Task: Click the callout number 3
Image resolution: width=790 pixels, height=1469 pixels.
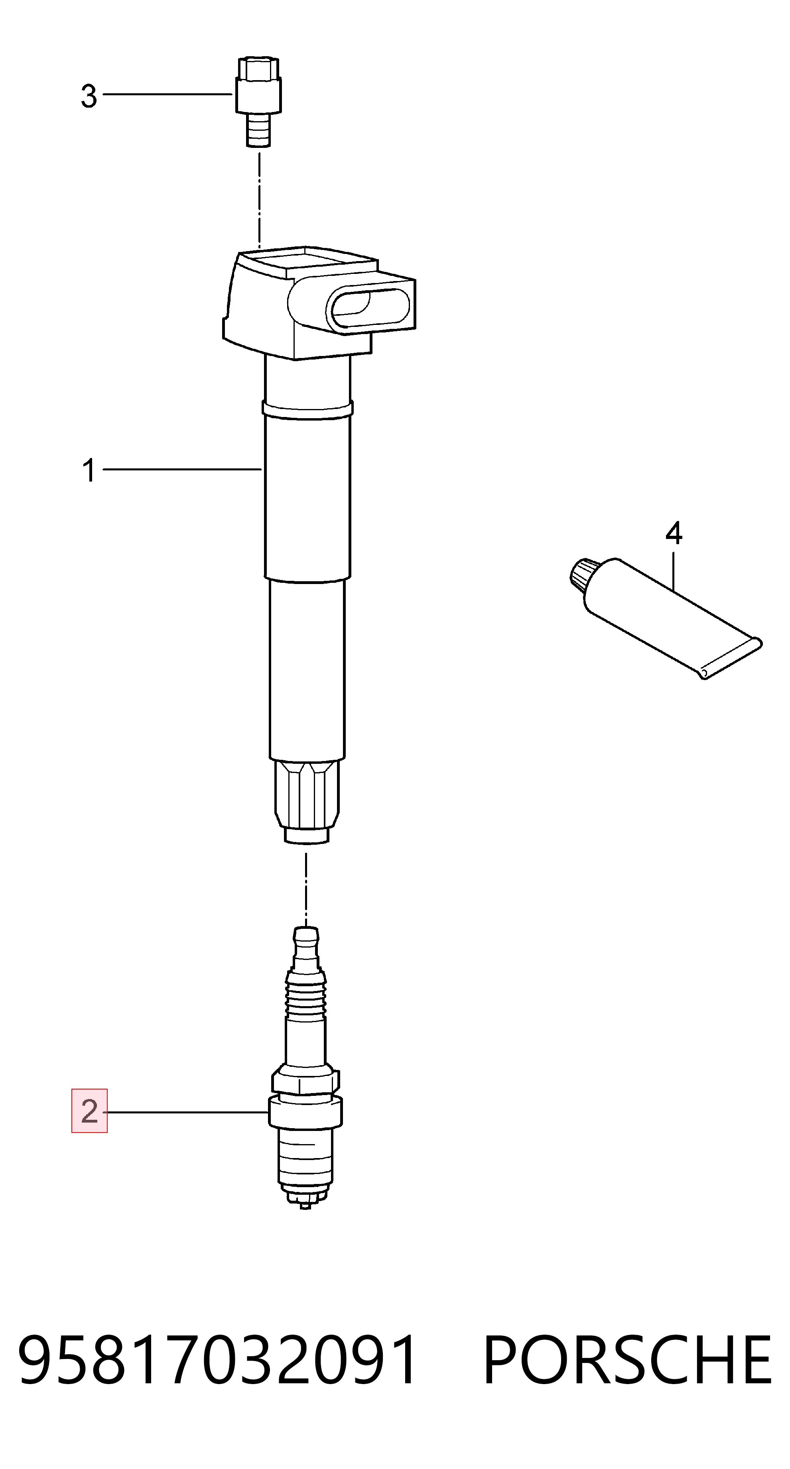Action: (x=89, y=96)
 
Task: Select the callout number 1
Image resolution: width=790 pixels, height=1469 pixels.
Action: (x=89, y=471)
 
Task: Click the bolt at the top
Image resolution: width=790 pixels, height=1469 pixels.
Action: (x=258, y=102)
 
